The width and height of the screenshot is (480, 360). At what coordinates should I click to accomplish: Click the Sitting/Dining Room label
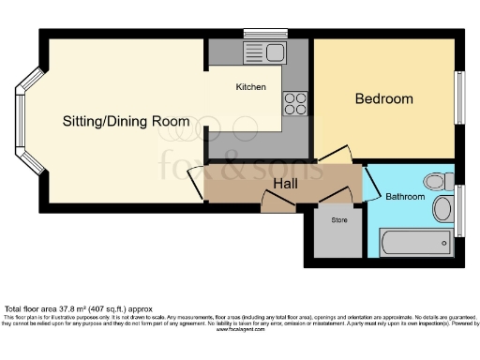(x=126, y=122)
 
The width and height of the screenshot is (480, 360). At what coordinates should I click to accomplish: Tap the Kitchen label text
(x=250, y=87)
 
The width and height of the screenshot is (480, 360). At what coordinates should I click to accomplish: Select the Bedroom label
(x=383, y=98)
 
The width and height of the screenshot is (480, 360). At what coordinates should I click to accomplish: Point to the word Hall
(x=285, y=184)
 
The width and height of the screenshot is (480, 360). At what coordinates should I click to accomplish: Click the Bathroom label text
(x=405, y=197)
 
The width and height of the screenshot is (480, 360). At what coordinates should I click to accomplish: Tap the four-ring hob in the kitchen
(x=295, y=99)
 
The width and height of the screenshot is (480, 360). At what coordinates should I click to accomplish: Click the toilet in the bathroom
(x=438, y=181)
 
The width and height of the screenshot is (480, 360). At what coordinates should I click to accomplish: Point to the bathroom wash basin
(x=442, y=208)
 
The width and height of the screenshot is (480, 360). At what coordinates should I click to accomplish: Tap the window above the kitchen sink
(x=265, y=35)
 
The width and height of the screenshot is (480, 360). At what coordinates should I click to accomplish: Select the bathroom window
(x=459, y=211)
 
